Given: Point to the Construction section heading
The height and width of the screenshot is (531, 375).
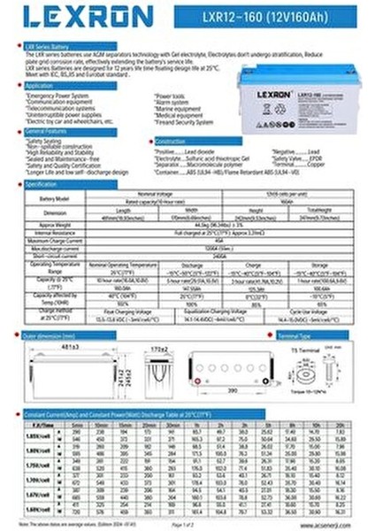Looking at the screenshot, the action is click(172, 142).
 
